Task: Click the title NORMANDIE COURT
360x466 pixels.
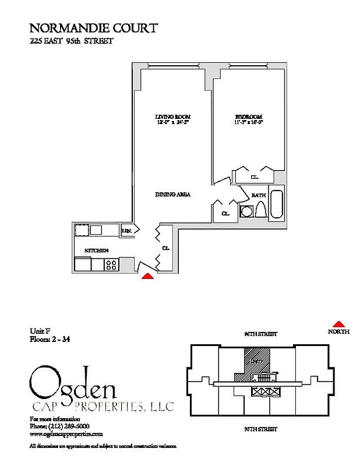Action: pos(93,27)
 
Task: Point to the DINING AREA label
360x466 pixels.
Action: pos(173,194)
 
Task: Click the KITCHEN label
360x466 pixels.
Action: pos(97,250)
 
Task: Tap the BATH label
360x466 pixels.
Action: pos(259,196)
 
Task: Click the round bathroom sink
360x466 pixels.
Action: pos(246,211)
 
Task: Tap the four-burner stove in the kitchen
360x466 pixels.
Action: pos(111,265)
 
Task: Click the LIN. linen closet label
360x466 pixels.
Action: pos(126,231)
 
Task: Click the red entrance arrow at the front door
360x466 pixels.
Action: pos(149,276)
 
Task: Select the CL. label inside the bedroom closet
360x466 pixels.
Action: pos(254,176)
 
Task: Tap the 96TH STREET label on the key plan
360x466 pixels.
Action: pos(260,334)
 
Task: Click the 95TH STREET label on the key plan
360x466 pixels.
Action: pos(260,429)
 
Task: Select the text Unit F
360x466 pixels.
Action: pos(40,331)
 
